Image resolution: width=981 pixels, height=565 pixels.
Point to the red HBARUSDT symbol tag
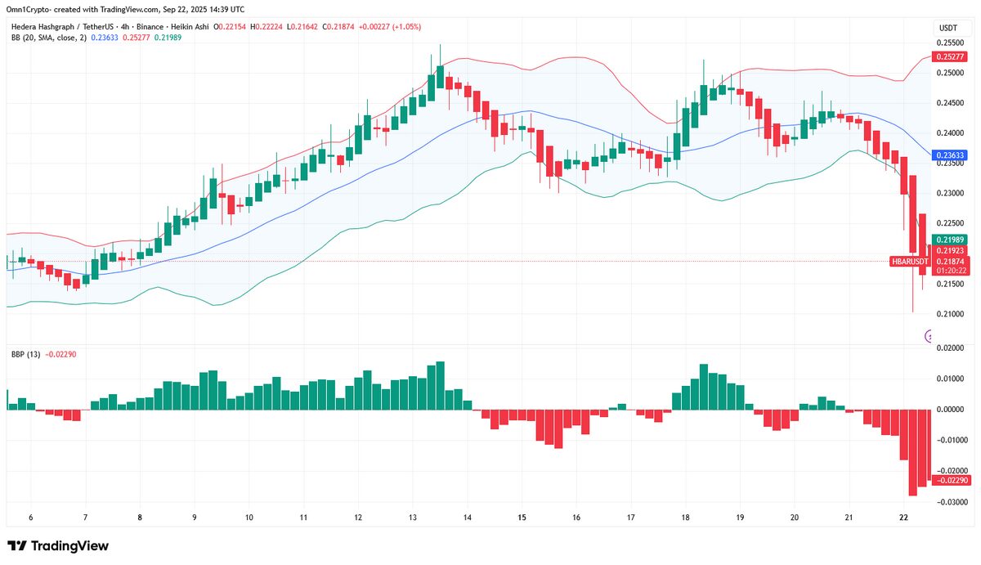point(908,261)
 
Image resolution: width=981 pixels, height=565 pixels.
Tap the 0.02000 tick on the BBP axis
point(951,348)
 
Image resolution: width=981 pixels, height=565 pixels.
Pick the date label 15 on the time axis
point(522,518)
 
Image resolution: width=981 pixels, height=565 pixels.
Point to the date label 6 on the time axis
point(30,518)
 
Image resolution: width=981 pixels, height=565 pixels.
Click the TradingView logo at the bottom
point(57,545)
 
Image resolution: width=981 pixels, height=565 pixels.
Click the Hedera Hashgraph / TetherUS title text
point(59,26)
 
